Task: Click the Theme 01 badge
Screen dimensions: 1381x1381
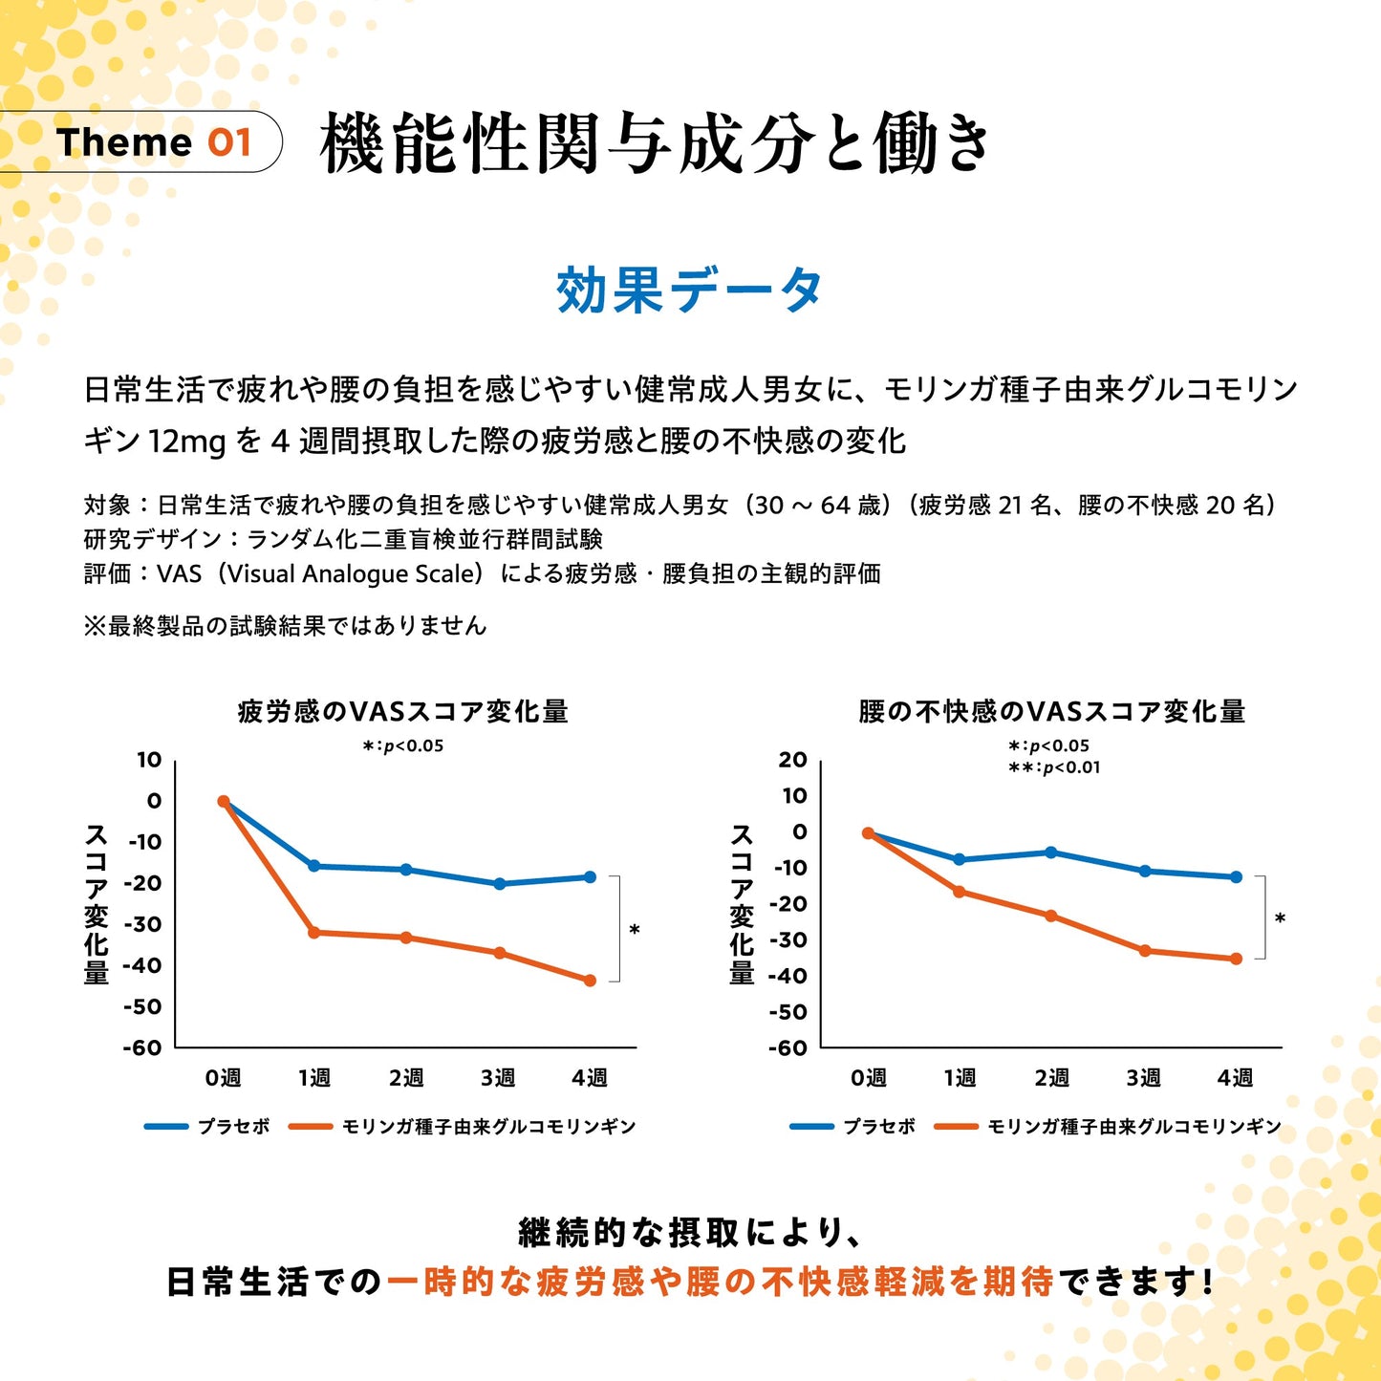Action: point(153,142)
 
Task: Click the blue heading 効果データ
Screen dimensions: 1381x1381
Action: point(689,290)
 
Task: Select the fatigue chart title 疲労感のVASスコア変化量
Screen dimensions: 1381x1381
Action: point(402,711)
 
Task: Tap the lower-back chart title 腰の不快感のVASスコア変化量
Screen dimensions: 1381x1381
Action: point(1051,711)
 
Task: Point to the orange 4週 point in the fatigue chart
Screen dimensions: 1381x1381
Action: point(590,981)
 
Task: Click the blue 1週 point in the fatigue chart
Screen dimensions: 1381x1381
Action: point(313,866)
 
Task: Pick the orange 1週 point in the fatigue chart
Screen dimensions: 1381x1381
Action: point(313,932)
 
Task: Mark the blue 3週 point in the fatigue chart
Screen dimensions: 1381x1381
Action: point(499,884)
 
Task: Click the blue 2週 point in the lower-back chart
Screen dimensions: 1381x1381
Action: point(1051,852)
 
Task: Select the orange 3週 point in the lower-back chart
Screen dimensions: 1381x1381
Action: point(1145,951)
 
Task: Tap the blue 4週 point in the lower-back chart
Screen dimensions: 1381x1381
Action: point(1236,876)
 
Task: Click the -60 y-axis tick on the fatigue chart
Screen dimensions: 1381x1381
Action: point(142,1047)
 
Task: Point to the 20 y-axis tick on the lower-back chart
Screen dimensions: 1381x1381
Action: point(792,760)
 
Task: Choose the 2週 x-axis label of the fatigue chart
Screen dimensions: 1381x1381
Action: point(406,1078)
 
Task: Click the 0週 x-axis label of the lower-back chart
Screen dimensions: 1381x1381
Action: point(868,1078)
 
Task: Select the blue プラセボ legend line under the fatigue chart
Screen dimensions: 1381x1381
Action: point(166,1127)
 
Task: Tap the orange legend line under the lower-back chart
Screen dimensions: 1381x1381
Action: point(956,1127)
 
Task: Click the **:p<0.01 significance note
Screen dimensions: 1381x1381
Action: point(1054,767)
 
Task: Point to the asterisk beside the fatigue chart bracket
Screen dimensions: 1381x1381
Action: point(634,930)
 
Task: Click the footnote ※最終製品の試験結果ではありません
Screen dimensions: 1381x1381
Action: point(285,626)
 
